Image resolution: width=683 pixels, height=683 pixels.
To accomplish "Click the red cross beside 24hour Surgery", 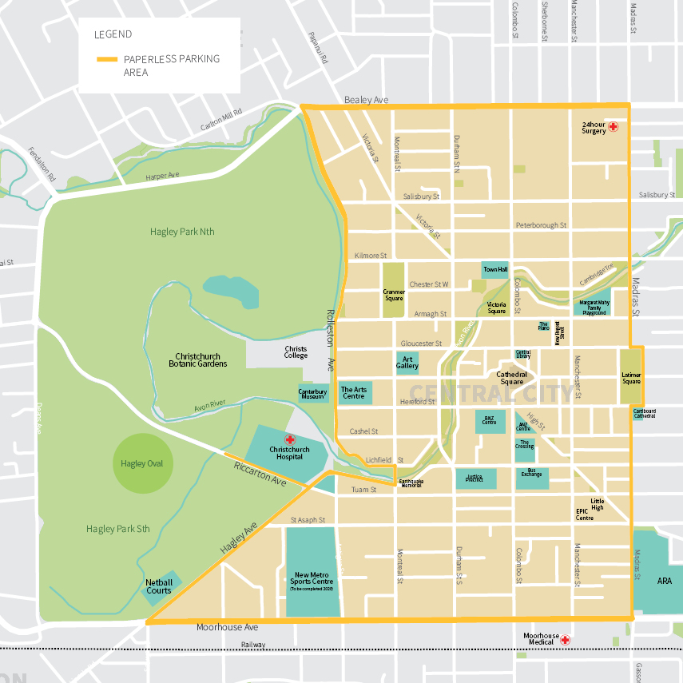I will coord(614,126).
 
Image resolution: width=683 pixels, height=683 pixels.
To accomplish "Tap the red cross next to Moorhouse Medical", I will coord(565,639).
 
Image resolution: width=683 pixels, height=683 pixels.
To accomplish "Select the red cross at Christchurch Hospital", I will coord(290,439).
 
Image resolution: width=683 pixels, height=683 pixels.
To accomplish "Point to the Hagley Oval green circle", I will coord(142,463).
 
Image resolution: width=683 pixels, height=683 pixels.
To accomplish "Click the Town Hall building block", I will coord(495,269).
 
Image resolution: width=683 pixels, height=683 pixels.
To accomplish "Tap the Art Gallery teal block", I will coord(407,363).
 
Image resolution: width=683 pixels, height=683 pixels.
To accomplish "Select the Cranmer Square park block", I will coord(394,291).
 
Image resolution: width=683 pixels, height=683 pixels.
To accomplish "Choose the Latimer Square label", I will coord(631,376).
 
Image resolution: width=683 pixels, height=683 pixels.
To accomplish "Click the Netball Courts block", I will coord(159,587).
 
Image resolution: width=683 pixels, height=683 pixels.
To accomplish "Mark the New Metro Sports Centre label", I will coord(313,578).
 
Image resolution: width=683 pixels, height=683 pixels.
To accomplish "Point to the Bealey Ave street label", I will coord(366,100).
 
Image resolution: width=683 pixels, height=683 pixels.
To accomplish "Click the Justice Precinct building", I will coord(475,478).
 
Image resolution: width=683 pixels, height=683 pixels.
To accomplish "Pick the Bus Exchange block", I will coord(531,478).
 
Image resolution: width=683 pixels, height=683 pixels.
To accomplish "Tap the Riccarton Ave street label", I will coord(260,475).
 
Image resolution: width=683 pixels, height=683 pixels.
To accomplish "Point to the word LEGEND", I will coord(113,34).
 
